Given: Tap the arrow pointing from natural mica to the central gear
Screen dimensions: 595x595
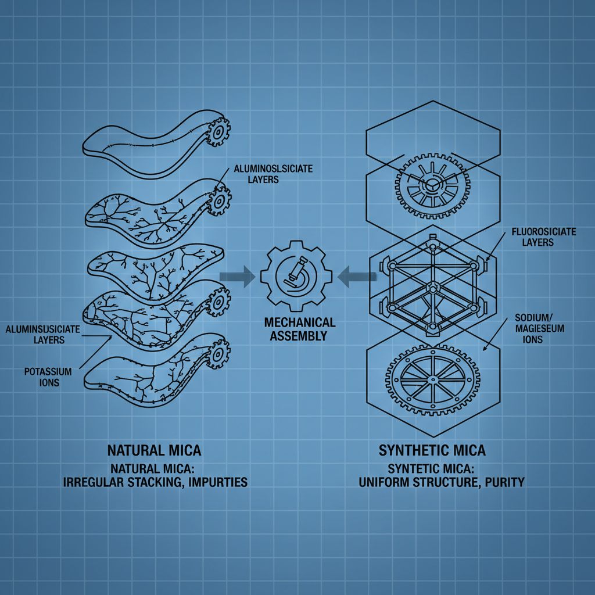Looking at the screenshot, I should [x=237, y=276].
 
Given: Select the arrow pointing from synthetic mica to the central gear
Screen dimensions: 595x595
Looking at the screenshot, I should [x=355, y=276].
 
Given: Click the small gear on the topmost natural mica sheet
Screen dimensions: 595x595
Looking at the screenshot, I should [x=218, y=131].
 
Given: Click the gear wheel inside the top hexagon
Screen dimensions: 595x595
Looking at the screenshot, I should [x=433, y=185].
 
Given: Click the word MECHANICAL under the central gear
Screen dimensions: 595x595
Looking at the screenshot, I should [x=299, y=322].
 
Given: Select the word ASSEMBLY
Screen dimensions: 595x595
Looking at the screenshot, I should [x=299, y=336].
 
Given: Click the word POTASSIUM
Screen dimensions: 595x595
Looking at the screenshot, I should [x=48, y=371].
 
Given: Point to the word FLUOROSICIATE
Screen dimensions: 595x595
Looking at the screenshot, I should [x=544, y=232].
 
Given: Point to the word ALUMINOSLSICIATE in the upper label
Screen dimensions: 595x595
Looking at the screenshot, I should [x=273, y=169].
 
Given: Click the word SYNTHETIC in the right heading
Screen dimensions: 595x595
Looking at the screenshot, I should [x=410, y=450].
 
